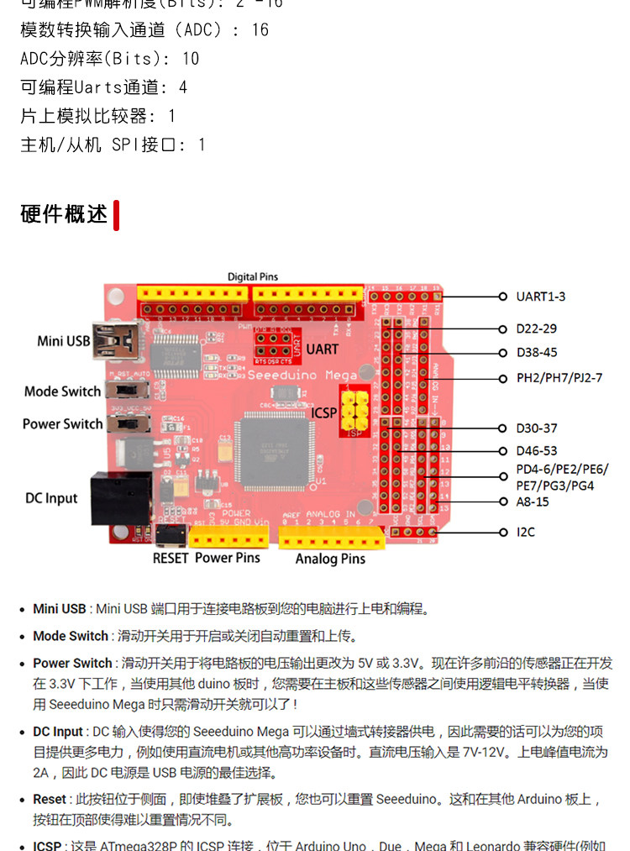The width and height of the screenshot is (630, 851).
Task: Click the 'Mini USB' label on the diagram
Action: tap(64, 340)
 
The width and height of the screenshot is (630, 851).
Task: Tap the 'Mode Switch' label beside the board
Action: tap(62, 391)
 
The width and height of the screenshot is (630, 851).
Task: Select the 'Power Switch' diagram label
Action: tap(62, 424)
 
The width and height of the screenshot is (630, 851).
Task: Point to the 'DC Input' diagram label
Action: tap(51, 498)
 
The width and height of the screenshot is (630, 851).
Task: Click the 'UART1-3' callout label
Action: tap(541, 297)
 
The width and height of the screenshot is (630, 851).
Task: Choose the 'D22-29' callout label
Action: tap(537, 328)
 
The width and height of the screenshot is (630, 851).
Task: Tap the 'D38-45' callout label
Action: tap(537, 352)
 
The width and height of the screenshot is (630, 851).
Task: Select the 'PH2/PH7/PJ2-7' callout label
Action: tap(559, 378)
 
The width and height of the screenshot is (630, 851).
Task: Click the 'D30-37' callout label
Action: tap(537, 428)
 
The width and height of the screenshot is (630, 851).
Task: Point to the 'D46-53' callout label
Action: tap(537, 451)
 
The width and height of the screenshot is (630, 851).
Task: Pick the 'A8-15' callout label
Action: tap(533, 502)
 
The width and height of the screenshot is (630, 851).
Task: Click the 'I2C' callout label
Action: tap(526, 532)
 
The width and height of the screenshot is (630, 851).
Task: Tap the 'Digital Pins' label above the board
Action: tap(252, 276)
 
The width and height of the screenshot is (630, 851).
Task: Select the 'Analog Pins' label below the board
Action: tap(330, 559)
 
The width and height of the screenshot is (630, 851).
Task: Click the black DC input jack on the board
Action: tap(121, 497)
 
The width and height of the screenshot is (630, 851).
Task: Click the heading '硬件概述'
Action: tap(64, 214)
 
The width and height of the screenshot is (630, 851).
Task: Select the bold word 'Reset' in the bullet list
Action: tap(50, 799)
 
